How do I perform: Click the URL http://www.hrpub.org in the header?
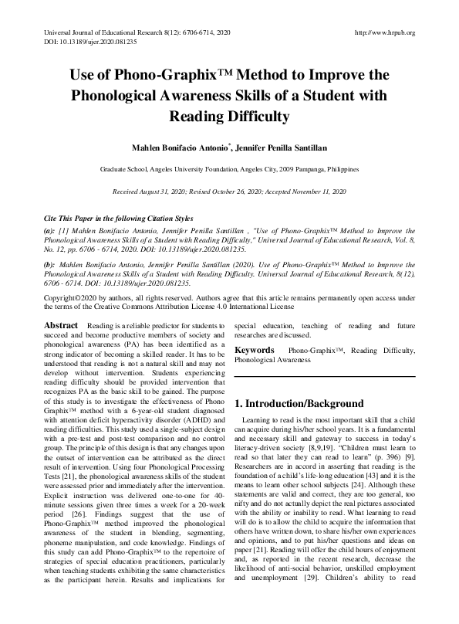(383, 32)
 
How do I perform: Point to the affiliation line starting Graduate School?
(229, 168)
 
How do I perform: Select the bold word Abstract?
(61, 327)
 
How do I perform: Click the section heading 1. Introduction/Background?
(299, 403)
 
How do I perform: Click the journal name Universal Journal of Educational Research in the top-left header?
(101, 32)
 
